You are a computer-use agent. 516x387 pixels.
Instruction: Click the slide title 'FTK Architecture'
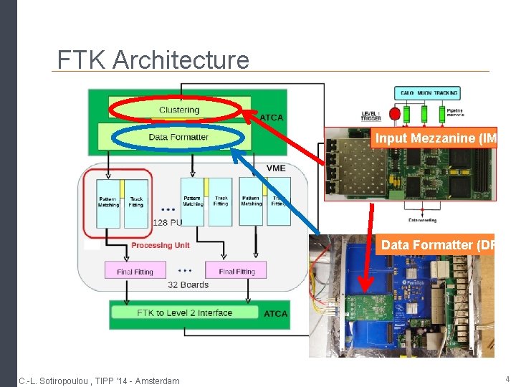pos(153,59)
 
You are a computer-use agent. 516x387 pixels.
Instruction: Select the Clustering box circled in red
pos(178,110)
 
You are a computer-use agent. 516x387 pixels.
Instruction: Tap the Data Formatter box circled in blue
pos(178,137)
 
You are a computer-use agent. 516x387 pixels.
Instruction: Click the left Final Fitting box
pos(135,272)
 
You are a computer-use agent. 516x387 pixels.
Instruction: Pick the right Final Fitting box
pos(236,272)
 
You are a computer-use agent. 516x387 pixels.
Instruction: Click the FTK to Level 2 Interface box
pos(185,312)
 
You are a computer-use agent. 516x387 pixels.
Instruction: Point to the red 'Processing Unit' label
pos(161,245)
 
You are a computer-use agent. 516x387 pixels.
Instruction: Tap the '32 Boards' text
pos(188,285)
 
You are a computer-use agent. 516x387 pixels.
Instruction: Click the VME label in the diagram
pos(275,168)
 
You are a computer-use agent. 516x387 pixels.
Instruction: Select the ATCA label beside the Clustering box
pos(271,118)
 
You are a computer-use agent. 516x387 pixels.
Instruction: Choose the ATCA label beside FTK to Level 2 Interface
pos(275,313)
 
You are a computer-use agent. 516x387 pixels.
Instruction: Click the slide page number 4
pos(507,378)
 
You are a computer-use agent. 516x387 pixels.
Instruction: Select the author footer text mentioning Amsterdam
pos(100,380)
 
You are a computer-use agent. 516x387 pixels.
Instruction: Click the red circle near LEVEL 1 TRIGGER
pos(393,114)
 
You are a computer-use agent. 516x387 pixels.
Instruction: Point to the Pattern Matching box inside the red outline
pos(109,202)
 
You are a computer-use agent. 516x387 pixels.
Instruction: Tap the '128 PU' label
pos(168,223)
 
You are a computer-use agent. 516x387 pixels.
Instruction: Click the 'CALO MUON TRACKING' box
pos(426,93)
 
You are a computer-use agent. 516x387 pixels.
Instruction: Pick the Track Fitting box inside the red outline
pos(136,202)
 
